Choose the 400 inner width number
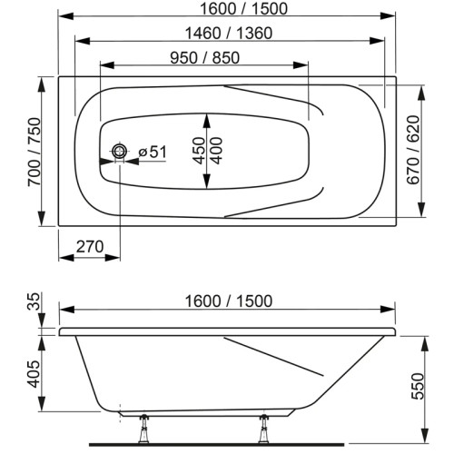[216, 150]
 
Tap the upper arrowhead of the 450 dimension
[207, 117]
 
